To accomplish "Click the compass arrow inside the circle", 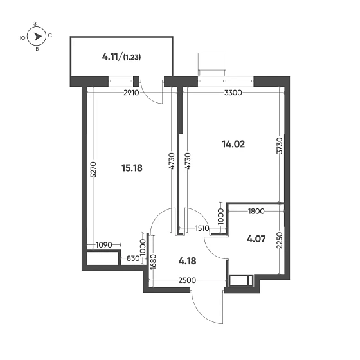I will coord(38,37).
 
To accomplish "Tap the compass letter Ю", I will coord(23,38).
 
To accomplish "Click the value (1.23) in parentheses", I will coord(132,57).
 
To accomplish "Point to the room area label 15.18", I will coord(132,168).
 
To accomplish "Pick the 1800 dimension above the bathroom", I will coord(257,211).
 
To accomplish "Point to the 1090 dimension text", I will coord(104,244).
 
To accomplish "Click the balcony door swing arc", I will coord(153,94).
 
